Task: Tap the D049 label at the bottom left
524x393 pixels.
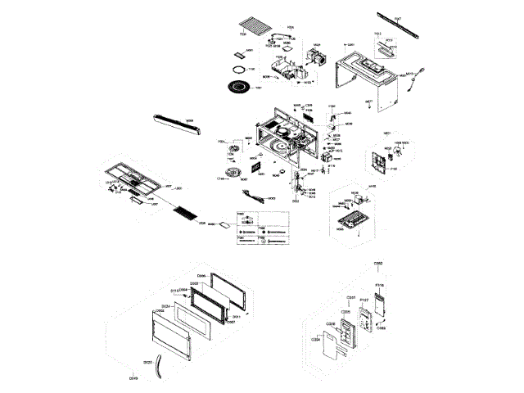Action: coord(133,377)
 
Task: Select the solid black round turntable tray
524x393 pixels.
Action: coord(237,87)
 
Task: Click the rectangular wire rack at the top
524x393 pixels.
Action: coord(252,27)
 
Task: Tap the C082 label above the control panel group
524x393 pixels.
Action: coord(378,263)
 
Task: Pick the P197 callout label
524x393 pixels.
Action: coord(364,300)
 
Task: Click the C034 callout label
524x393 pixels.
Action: coord(316,338)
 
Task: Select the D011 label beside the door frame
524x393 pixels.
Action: coord(235,317)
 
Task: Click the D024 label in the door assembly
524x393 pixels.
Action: coord(165,307)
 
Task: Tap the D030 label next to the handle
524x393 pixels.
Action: coord(147,361)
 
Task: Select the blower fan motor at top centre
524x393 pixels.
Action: coord(314,59)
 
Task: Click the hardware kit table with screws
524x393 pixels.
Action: coord(262,228)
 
